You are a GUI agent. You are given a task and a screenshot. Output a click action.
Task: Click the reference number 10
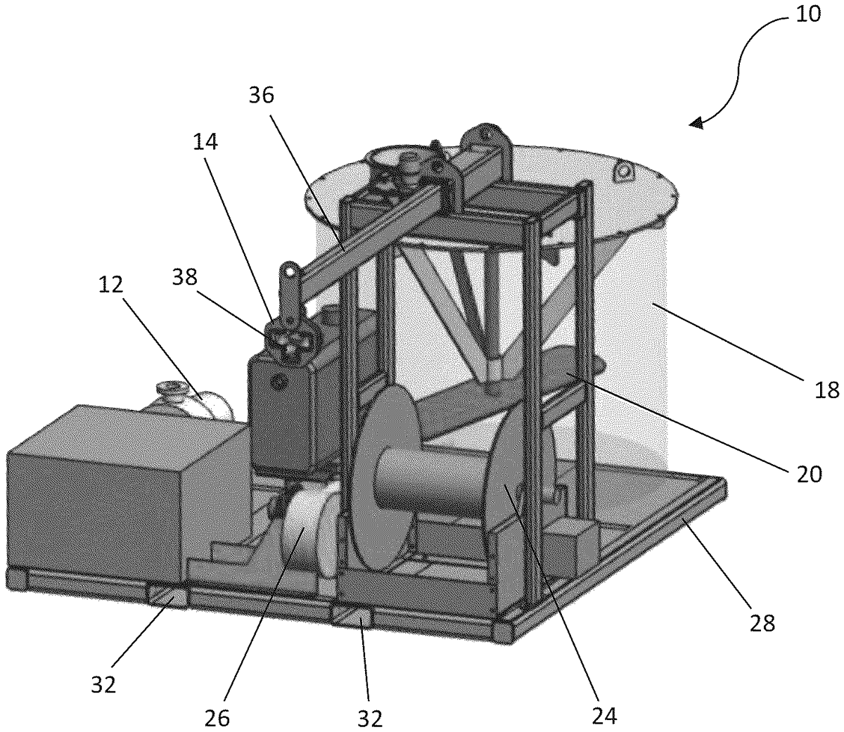(x=808, y=15)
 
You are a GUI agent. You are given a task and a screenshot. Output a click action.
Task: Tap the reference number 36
(x=261, y=96)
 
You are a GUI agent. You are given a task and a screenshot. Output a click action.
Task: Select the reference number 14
(x=205, y=142)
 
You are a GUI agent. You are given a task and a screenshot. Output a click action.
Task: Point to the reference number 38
(x=184, y=277)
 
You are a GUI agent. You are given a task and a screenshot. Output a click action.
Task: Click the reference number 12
(x=110, y=285)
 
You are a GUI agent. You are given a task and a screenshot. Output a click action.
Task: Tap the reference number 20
(x=810, y=474)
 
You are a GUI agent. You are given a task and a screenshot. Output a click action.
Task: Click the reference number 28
(x=762, y=623)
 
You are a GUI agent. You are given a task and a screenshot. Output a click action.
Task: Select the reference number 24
(x=604, y=716)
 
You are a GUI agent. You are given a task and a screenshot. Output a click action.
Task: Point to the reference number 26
(x=217, y=719)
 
